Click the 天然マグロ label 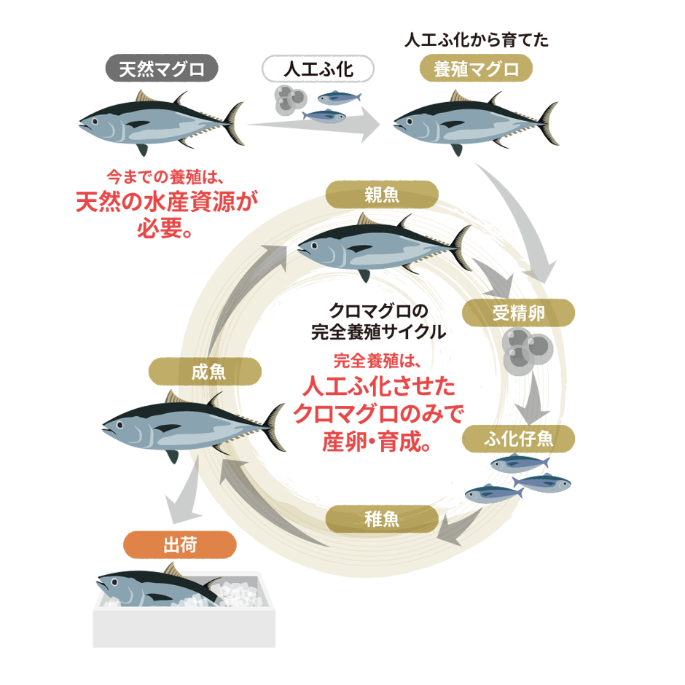click(x=162, y=70)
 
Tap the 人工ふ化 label click(x=318, y=70)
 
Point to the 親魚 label click(x=382, y=195)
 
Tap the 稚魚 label click(x=382, y=519)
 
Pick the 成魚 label click(x=208, y=372)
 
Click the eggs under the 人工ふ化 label click(x=289, y=98)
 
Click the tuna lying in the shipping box click(x=153, y=587)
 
